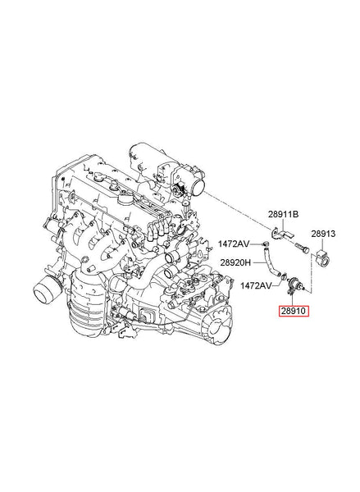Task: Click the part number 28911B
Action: click(283, 214)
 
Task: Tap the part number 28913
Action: click(323, 234)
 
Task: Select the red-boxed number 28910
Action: click(293, 311)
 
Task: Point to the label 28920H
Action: click(235, 262)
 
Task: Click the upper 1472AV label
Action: click(234, 244)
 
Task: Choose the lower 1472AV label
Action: click(256, 285)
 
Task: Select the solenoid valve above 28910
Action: click(295, 284)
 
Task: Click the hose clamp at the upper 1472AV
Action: click(267, 244)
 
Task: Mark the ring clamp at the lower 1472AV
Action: click(284, 276)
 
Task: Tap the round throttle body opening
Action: click(198, 188)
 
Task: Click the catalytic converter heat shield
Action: click(85, 301)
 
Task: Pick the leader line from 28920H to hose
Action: click(260, 262)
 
